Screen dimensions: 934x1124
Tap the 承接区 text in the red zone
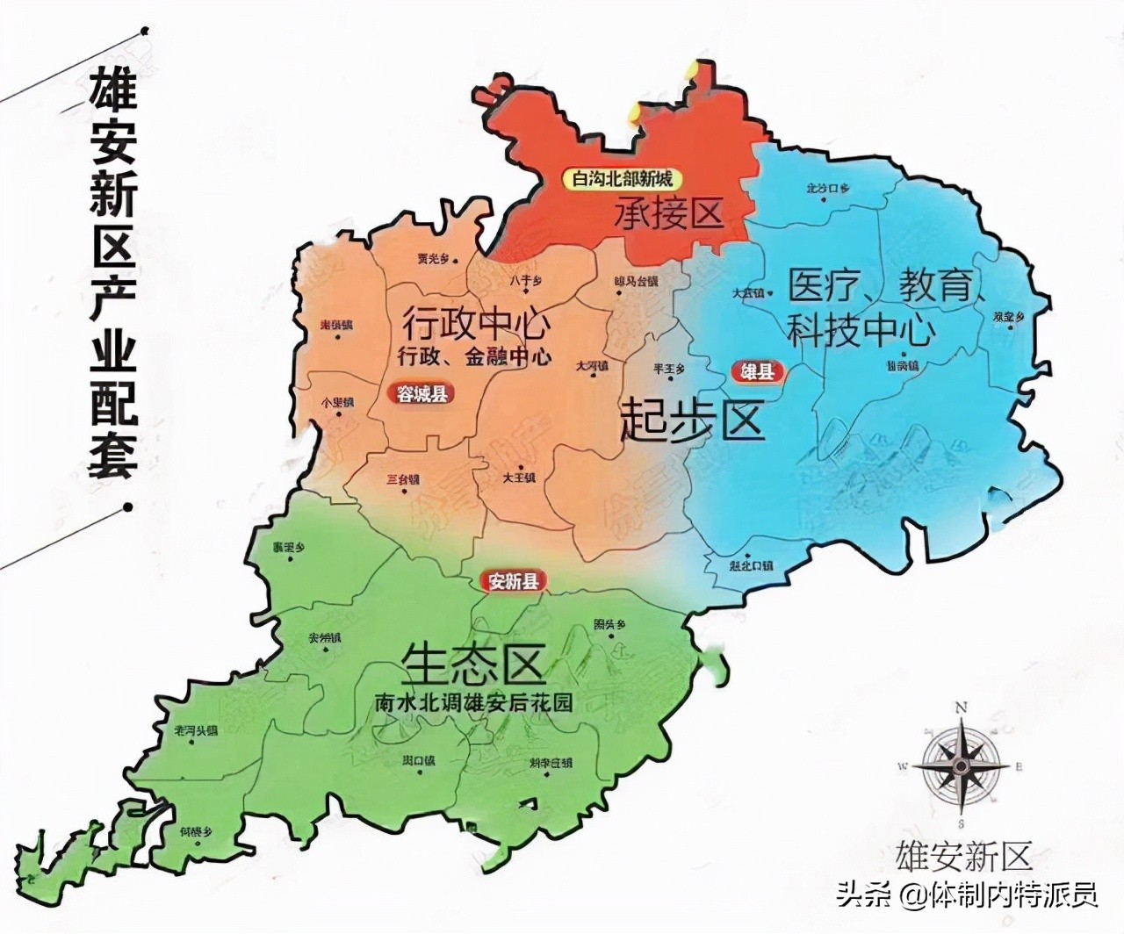[668, 212]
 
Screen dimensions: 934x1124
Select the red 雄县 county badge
[758, 372]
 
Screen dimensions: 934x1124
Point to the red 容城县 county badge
[422, 393]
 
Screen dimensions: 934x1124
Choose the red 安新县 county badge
[514, 581]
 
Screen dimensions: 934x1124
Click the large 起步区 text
[692, 420]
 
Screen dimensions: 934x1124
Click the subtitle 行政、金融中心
[475, 356]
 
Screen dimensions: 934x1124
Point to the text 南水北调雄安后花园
[473, 703]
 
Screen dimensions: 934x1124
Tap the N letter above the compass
[962, 708]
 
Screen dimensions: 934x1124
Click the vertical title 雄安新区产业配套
[112, 272]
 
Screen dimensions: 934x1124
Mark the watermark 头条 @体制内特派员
[967, 895]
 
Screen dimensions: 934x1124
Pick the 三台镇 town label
[403, 480]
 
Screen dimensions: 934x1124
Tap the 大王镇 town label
[518, 478]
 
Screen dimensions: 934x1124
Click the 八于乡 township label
[526, 281]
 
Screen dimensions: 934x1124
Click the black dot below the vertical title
[129, 507]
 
